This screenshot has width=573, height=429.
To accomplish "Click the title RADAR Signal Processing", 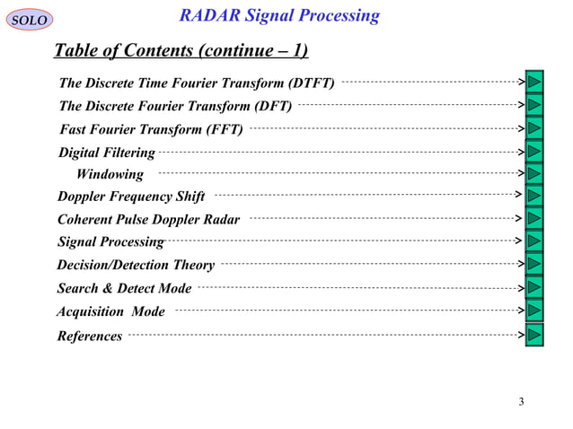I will (279, 16).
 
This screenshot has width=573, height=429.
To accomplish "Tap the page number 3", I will (521, 400).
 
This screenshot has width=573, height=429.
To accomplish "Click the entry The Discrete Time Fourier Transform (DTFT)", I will (197, 84).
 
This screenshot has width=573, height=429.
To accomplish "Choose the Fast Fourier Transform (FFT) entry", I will (150, 130).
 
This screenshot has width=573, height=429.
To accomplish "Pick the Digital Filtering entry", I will (106, 153).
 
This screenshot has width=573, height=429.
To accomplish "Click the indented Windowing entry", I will (110, 174).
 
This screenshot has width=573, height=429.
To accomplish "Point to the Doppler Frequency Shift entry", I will (131, 197).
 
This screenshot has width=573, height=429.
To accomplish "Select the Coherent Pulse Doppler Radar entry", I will (148, 219).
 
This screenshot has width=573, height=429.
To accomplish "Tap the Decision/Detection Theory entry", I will (136, 265).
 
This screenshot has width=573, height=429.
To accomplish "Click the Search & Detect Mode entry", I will (124, 288).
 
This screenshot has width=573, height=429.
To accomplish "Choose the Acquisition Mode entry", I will (110, 311).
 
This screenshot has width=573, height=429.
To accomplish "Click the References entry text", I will (90, 336).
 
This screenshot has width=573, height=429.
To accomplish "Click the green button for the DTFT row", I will (535, 82).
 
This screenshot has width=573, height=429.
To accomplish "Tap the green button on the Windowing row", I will (535, 172).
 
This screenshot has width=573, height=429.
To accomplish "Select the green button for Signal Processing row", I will (535, 241).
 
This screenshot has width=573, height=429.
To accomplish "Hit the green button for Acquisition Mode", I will (535, 310).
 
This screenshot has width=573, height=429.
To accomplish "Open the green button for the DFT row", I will (535, 104).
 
